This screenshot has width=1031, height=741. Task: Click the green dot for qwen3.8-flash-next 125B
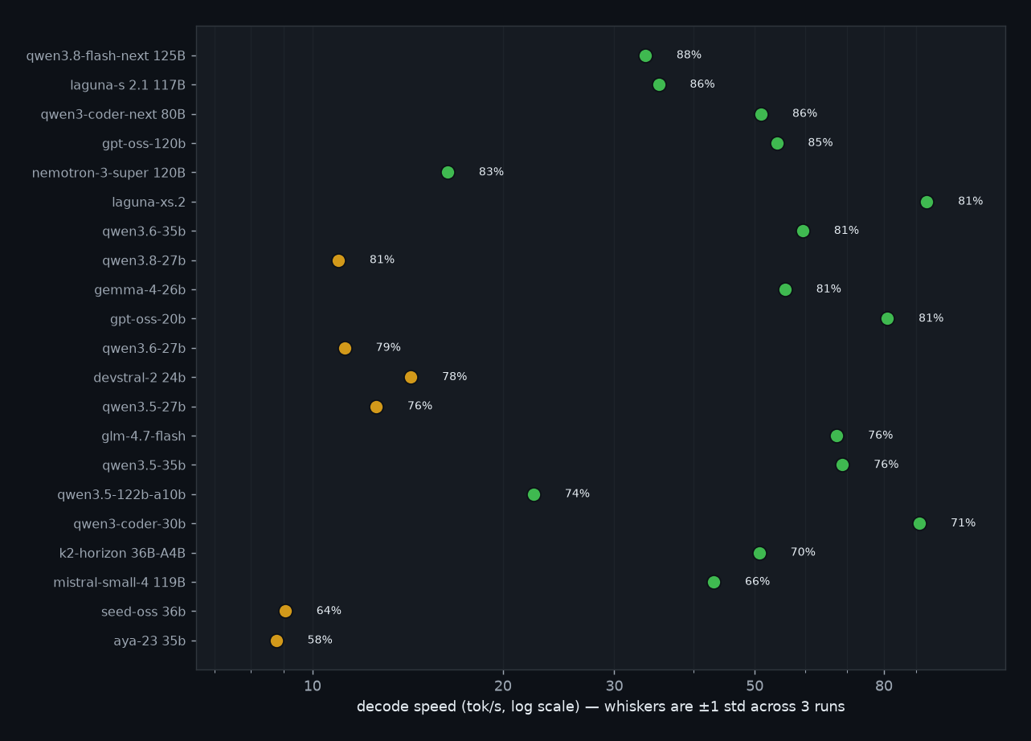pyautogui.click(x=645, y=55)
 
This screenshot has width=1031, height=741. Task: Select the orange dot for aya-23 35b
pyautogui.click(x=276, y=641)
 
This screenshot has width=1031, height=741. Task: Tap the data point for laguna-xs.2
pyautogui.click(x=927, y=202)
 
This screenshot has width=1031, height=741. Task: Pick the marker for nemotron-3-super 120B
pyautogui.click(x=448, y=173)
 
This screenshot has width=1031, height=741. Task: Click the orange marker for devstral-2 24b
pyautogui.click(x=411, y=378)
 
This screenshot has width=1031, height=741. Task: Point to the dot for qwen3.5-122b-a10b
pyautogui.click(x=534, y=494)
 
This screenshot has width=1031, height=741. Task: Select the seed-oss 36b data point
pyautogui.click(x=285, y=612)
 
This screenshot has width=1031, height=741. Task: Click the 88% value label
pyautogui.click(x=689, y=55)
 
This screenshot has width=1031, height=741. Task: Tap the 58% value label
pyautogui.click(x=320, y=640)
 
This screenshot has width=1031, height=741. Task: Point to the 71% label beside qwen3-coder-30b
pyautogui.click(x=963, y=523)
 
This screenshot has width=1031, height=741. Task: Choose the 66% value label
pyautogui.click(x=757, y=581)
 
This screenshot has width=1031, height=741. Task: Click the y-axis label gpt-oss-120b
pyautogui.click(x=144, y=144)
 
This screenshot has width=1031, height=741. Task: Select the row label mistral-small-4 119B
pyautogui.click(x=119, y=583)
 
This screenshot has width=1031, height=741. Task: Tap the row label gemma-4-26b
pyautogui.click(x=140, y=290)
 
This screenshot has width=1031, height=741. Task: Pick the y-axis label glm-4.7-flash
pyautogui.click(x=144, y=436)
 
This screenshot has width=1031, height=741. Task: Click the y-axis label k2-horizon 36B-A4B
pyautogui.click(x=122, y=553)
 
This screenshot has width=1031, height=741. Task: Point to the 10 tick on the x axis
pyautogui.click(x=313, y=686)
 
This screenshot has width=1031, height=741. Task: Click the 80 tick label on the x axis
pyautogui.click(x=884, y=686)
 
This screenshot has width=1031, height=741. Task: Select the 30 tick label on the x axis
pyautogui.click(x=615, y=686)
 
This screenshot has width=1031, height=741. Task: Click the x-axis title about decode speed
pyautogui.click(x=600, y=707)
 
